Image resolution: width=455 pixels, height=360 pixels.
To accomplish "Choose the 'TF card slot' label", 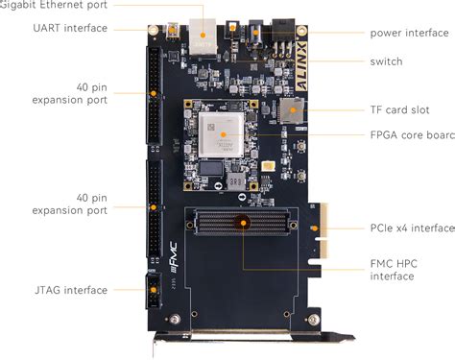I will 401,108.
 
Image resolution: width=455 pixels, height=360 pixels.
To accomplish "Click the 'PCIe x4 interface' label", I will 412,228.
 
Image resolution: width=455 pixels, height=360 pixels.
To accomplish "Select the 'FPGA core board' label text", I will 412,135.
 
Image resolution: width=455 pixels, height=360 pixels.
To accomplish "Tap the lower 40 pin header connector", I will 154,207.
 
